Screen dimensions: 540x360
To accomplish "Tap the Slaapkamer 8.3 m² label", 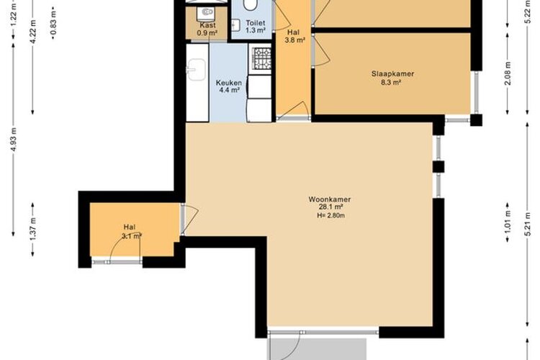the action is (392, 78).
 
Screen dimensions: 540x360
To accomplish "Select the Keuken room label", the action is (229, 86).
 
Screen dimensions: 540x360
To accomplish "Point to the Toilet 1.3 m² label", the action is (255, 27).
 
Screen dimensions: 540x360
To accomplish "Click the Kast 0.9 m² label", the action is (207, 30).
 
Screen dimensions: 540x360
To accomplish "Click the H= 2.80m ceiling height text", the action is (331, 216).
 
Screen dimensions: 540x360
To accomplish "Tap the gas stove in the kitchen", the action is (262, 57).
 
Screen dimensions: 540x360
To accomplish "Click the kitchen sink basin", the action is (196, 70).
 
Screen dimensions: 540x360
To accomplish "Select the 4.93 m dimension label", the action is (14, 140).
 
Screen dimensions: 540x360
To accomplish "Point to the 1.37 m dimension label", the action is (33, 230).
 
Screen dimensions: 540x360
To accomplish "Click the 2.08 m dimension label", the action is (508, 73).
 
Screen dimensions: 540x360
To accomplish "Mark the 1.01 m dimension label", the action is (508, 222).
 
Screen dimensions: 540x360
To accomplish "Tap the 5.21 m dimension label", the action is (527, 224).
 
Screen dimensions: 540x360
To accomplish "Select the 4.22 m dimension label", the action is (33, 32).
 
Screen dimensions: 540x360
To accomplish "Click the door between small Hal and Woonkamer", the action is (189, 220).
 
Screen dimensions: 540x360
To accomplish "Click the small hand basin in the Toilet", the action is (235, 24).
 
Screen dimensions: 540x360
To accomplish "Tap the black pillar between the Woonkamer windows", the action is (438, 167).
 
